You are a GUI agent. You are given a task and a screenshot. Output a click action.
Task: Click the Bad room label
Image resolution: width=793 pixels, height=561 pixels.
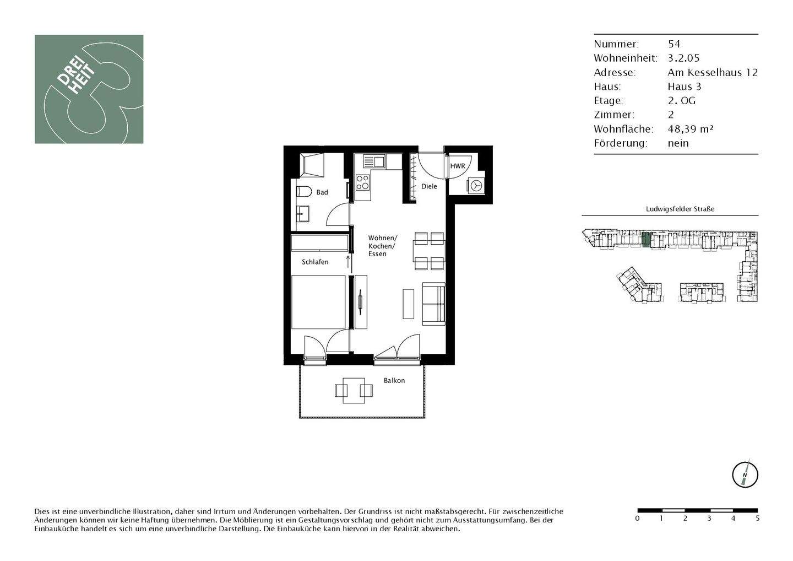coord(322,192)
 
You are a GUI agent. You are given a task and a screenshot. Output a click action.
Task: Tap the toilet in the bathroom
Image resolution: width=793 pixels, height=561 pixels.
coord(302,192)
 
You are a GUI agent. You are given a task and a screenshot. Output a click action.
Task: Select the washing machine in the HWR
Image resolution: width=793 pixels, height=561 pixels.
coord(476,186)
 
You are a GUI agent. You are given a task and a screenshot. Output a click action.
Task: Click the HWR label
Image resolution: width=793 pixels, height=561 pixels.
coord(458,166)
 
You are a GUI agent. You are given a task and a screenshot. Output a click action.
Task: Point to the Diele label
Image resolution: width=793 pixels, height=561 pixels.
coord(429,186)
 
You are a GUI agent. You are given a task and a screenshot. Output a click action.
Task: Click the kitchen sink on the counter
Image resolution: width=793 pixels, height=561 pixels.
coord(374,162)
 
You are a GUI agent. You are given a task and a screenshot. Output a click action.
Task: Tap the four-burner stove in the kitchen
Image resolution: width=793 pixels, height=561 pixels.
coord(362,182)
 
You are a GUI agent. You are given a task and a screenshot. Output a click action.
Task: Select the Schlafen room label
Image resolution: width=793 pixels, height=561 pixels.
coord(315,262)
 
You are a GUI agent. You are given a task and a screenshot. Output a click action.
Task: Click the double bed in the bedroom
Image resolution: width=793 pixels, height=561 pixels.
coord(318,302)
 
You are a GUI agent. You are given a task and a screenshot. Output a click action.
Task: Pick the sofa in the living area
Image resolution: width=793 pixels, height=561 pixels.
coord(433,303)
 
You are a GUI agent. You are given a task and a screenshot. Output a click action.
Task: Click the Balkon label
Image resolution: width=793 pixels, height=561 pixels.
coord(394,380)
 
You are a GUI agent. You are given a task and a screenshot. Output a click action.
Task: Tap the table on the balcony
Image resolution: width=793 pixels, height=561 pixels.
coord(354,390)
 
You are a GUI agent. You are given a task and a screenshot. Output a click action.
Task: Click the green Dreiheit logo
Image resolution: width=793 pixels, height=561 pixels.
coord(89,89)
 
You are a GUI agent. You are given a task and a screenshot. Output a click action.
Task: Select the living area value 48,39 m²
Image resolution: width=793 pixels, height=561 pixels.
coord(691,129)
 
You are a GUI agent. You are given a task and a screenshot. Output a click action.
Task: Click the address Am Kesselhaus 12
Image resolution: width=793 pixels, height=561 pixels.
coord(713,72)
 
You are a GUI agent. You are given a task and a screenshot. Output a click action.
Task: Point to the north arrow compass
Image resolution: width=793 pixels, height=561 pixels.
coord(745,474)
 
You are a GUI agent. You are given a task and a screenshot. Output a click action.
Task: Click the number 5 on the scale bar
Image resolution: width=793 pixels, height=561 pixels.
coord(758,519)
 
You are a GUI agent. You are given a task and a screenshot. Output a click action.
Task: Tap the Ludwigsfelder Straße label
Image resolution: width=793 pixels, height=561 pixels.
coord(680,209)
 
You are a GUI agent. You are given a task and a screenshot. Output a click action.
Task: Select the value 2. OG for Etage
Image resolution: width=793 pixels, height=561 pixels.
coord(681,100)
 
